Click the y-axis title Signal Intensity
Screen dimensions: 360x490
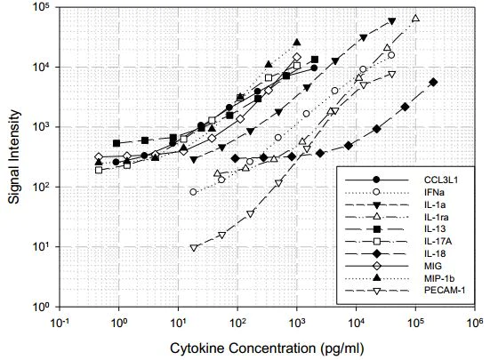[15, 156]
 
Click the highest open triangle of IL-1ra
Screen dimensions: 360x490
[415, 19]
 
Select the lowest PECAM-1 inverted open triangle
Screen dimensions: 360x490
[194, 249]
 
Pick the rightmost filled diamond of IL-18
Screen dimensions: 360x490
[433, 83]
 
